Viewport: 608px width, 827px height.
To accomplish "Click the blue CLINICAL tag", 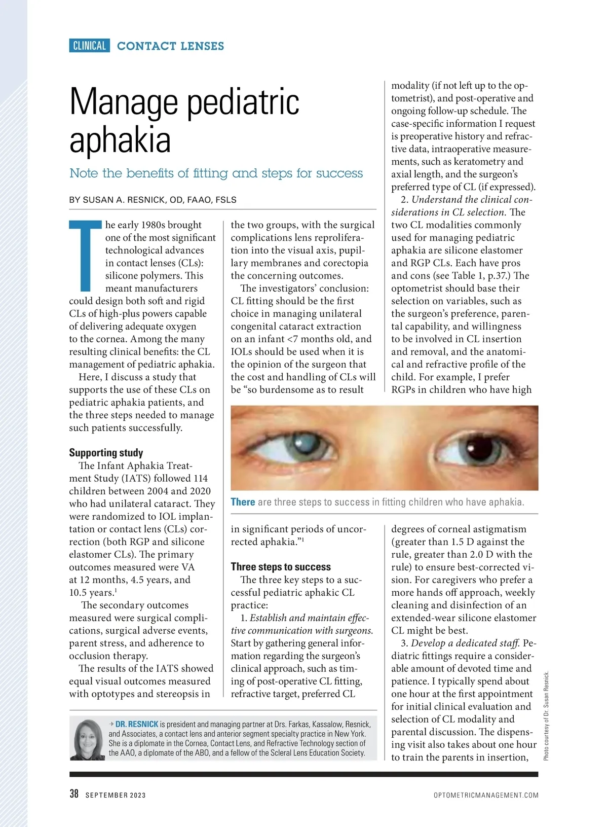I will (x=89, y=46).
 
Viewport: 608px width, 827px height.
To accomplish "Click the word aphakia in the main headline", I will (x=120, y=140).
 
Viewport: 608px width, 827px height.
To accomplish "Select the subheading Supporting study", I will (x=106, y=453).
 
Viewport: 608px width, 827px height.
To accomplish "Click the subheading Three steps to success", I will (x=281, y=567).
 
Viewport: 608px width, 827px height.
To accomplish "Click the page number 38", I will (x=74, y=794).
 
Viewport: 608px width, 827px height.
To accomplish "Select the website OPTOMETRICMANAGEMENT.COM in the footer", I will (x=486, y=795).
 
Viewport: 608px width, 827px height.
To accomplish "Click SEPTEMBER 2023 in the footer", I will (x=116, y=795).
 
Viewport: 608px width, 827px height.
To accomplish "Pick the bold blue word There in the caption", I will (x=243, y=502).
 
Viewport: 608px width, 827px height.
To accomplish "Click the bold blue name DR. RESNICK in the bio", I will (x=137, y=724).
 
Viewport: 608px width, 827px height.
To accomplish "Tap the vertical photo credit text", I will (x=546, y=716).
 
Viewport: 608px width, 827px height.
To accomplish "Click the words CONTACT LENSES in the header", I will (x=170, y=46).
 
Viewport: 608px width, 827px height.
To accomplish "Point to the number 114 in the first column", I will (x=200, y=478).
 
